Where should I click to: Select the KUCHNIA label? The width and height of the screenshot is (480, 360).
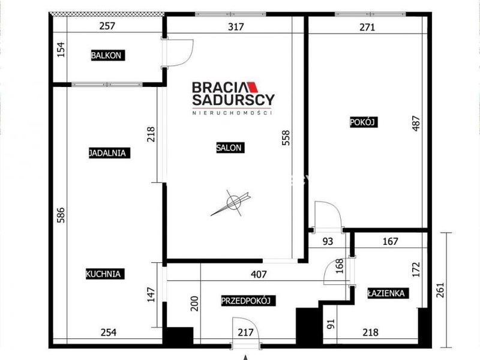click(105, 274)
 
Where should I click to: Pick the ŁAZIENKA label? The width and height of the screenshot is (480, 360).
click(388, 293)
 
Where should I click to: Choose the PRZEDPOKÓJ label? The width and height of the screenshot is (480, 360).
click(248, 301)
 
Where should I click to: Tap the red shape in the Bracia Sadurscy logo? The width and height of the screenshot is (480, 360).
click(252, 87)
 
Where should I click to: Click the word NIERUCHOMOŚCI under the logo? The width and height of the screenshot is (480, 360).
click(232, 113)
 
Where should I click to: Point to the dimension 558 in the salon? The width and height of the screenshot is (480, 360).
click(286, 137)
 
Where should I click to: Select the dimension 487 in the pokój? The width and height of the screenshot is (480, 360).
click(416, 123)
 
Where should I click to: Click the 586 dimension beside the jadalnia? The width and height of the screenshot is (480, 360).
click(61, 215)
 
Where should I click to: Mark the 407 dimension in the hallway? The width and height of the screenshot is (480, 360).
click(259, 274)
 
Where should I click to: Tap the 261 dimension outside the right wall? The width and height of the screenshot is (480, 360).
click(439, 290)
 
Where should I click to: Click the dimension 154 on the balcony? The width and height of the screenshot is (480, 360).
click(61, 49)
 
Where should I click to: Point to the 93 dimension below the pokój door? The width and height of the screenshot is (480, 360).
click(328, 242)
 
